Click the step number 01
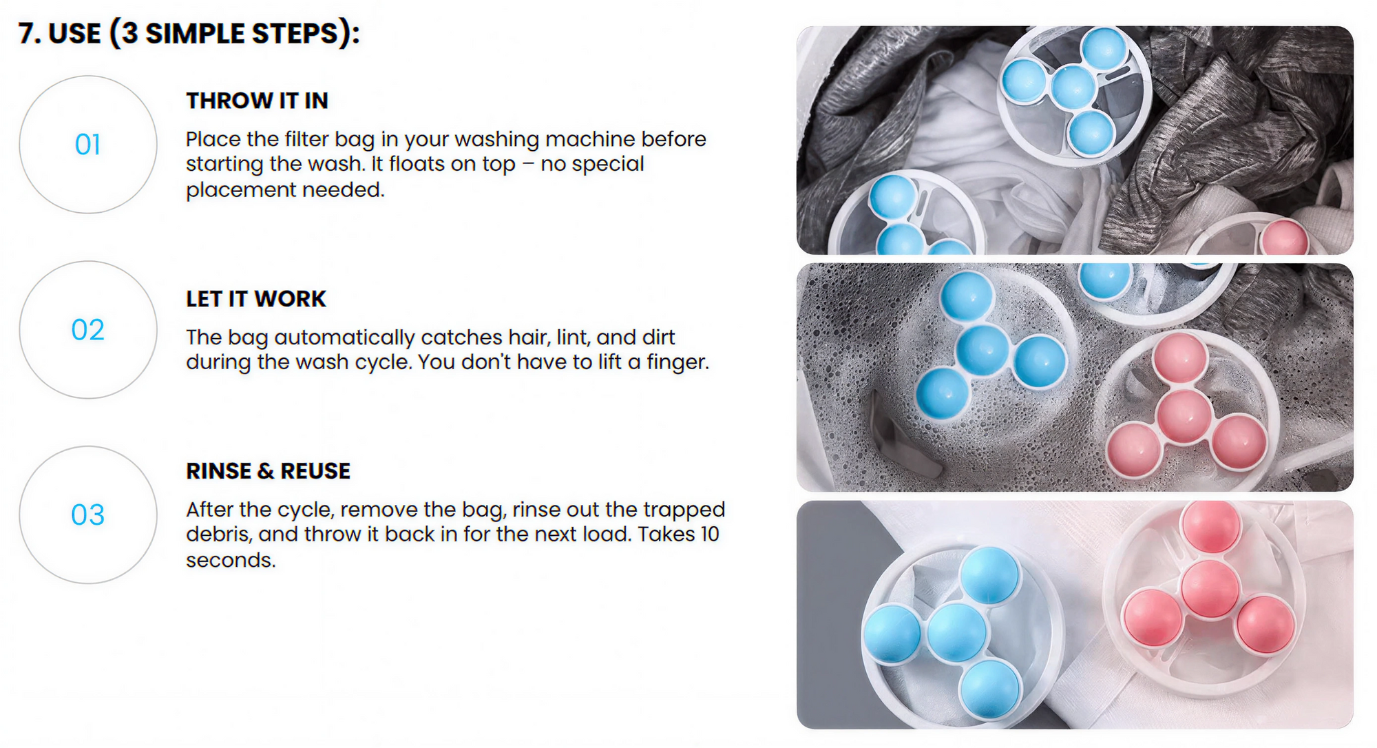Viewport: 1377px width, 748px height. [x=88, y=145]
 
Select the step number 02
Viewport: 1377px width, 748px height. [x=88, y=330]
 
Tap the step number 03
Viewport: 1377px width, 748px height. [x=88, y=515]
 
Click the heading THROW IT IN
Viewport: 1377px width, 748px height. [x=257, y=101]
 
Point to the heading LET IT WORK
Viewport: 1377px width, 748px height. [x=255, y=299]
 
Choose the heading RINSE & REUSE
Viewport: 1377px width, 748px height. [x=268, y=471]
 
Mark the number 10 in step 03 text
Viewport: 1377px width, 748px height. [x=710, y=534]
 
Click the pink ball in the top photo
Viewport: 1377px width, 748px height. [x=1283, y=238]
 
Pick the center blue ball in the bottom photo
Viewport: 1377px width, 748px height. [x=956, y=632]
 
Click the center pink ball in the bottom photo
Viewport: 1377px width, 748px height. [x=1210, y=589]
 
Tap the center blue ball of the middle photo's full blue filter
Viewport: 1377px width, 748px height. [x=983, y=350]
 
